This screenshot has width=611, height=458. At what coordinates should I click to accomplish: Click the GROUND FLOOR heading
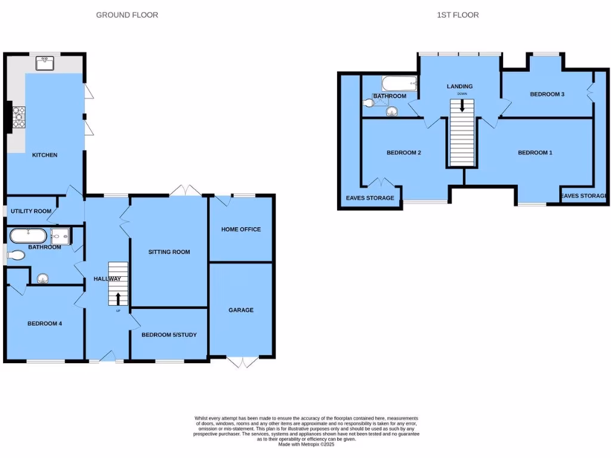127,15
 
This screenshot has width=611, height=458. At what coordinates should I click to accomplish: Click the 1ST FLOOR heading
457,15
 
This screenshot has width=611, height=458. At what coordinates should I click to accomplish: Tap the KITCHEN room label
45,155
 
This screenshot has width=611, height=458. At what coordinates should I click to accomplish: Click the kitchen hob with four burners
18,117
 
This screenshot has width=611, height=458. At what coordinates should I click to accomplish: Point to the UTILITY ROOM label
31,212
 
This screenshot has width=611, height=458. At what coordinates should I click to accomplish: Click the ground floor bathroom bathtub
28,236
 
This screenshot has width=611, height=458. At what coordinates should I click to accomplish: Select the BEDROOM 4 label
45,324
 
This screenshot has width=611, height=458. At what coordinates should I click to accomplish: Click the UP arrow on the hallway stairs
118,298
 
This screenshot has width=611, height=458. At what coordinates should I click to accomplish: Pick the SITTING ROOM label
169,252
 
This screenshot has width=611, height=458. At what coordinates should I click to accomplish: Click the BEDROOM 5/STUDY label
169,335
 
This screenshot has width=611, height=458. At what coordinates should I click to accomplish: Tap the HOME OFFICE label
241,229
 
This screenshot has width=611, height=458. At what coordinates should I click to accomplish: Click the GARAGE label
241,310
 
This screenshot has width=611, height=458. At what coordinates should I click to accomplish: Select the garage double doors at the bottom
243,361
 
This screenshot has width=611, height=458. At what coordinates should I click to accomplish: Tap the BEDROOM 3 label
547,94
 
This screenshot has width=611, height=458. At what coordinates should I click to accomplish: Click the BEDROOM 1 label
535,153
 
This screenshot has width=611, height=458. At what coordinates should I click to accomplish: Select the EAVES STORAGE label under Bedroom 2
370,198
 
